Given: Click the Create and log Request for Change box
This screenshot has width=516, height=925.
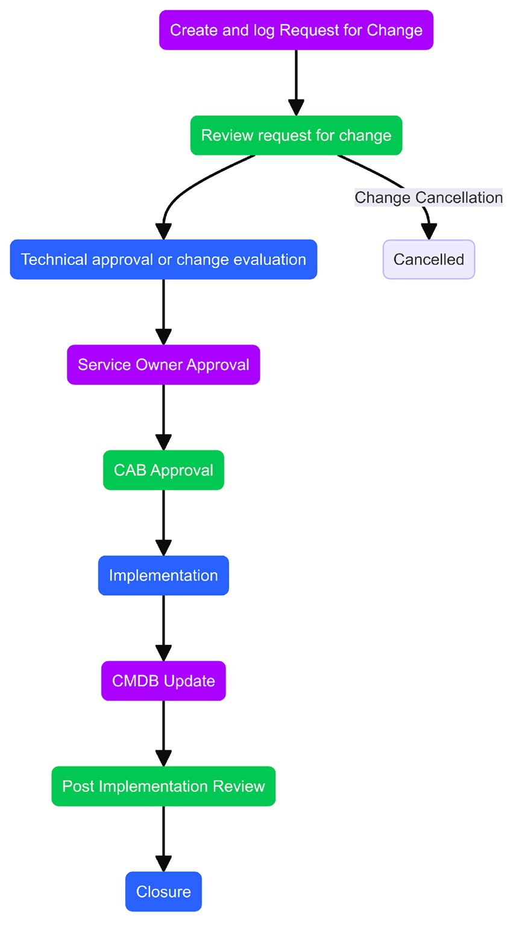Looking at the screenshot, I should coord(296,30).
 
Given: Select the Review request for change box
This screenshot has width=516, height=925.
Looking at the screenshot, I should coord(296,135).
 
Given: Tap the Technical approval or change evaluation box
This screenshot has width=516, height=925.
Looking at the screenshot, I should coord(163,260).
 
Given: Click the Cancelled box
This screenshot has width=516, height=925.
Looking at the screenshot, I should coord(429,260).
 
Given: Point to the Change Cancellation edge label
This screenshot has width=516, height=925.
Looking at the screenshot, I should coord(428,198).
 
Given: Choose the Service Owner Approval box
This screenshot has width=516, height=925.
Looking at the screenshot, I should coord(163,365).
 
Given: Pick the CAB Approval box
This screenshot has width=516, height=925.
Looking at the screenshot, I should coord(163,470).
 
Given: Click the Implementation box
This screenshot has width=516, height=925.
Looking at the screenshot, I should coord(163,576).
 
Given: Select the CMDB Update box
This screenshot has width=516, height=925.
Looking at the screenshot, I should coord(163,681).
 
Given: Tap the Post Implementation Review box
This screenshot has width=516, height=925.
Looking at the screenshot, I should coord(163,786).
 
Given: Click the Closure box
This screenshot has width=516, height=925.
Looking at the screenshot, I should coord(163,892).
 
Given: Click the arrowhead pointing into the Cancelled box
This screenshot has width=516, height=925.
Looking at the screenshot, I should coord(429,232).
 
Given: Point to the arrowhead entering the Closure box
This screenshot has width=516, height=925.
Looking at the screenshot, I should coord(163,864).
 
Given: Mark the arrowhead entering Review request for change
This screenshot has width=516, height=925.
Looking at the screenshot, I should coord(296,107).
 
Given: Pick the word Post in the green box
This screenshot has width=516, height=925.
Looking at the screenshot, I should coord(78,786).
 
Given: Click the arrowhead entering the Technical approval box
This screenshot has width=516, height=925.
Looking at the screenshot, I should coord(163,232).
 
